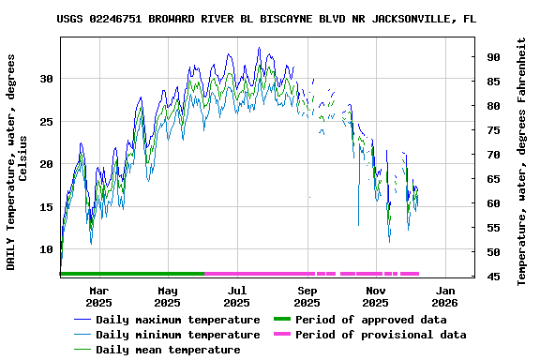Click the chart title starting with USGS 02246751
click(265, 18)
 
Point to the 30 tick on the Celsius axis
click(46, 79)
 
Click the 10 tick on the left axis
click(46, 250)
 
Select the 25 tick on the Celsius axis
click(46, 122)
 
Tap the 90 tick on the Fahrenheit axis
click(492, 57)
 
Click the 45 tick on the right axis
click(492, 277)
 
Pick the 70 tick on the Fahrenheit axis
click(492, 155)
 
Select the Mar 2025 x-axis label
click(98, 296)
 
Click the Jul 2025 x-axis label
click(237, 296)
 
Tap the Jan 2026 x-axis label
click(444, 296)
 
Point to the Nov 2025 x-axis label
click(375, 296)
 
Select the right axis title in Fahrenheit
click(522, 161)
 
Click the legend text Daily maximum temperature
click(177, 320)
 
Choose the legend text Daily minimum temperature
click(177, 335)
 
